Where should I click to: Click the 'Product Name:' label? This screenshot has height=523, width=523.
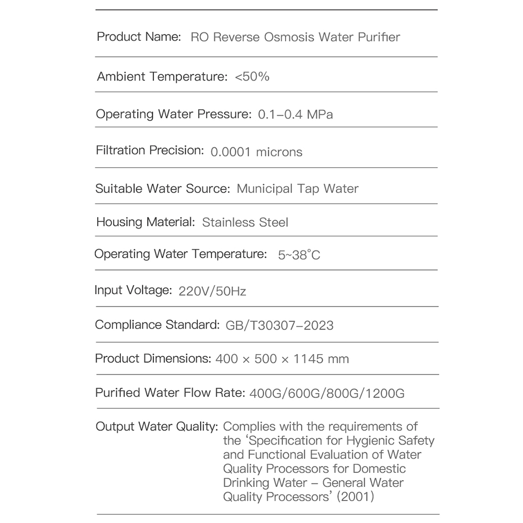[139, 37]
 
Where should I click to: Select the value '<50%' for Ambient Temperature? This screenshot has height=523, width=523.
[252, 77]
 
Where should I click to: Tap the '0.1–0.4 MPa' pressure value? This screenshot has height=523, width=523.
[295, 115]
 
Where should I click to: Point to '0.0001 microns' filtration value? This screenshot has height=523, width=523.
[256, 152]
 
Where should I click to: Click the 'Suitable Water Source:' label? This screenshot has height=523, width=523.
[163, 188]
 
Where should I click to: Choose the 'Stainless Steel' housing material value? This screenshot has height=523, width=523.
[245, 222]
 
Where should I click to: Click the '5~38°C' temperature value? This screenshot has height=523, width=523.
[299, 255]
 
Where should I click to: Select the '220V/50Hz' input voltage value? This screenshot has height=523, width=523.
[212, 291]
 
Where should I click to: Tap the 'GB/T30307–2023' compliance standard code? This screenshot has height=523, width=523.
[279, 325]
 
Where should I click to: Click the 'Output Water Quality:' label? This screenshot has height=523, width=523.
[156, 427]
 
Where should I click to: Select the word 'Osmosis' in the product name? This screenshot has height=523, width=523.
[289, 37]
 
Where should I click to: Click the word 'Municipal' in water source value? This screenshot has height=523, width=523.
[265, 188]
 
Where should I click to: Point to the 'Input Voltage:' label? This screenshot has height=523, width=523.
[133, 290]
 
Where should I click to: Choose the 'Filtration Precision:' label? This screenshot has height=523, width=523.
[150, 151]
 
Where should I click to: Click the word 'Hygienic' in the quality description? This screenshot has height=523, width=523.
[371, 440]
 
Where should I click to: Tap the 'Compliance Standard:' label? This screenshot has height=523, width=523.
[157, 325]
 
